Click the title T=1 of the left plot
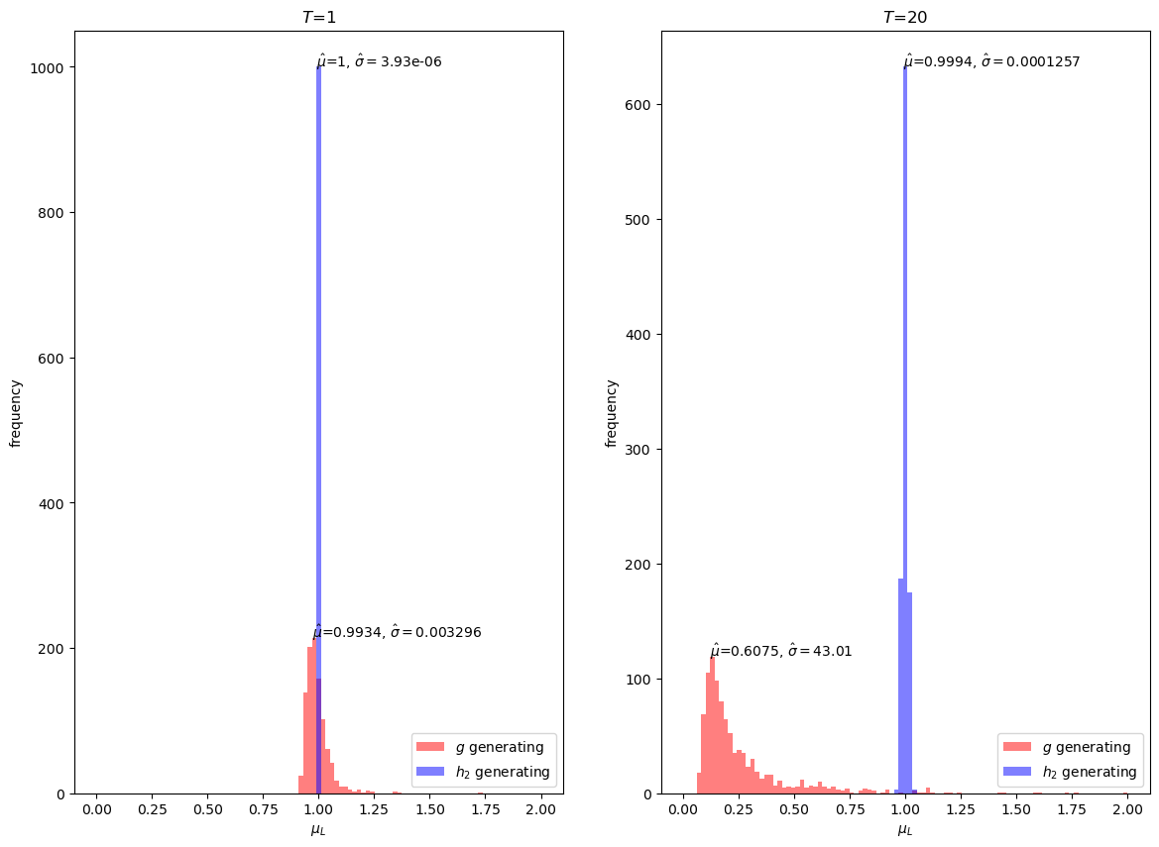[x=318, y=18]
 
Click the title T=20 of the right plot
[x=905, y=18]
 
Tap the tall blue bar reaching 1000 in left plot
[x=318, y=396]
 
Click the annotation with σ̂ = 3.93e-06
[x=380, y=61]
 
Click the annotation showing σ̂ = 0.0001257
[x=991, y=61]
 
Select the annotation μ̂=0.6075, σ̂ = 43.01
[x=781, y=651]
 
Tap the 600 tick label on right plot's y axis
[x=639, y=105]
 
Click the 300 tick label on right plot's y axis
[x=639, y=450]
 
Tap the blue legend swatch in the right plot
[x=1017, y=772]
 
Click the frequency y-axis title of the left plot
[x=16, y=412]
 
